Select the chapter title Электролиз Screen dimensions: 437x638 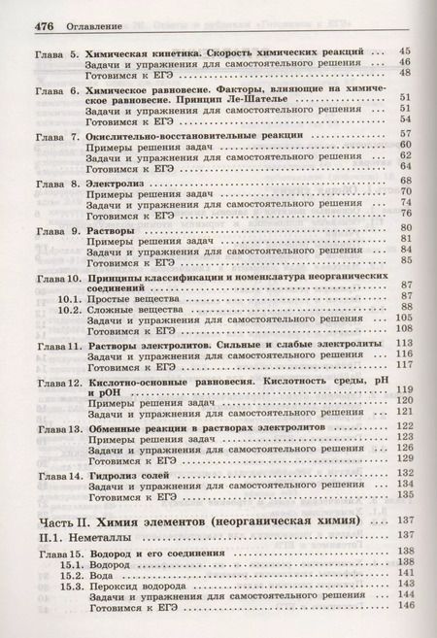(118, 183)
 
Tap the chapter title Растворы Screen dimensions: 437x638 (113, 228)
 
